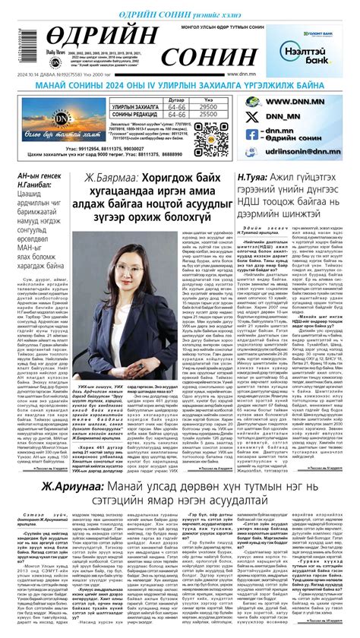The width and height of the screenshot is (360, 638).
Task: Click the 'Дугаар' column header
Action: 175,100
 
